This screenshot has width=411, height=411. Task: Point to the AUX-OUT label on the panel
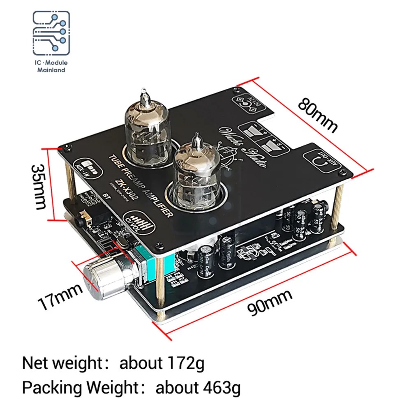pyautogui.click(x=323, y=162)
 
